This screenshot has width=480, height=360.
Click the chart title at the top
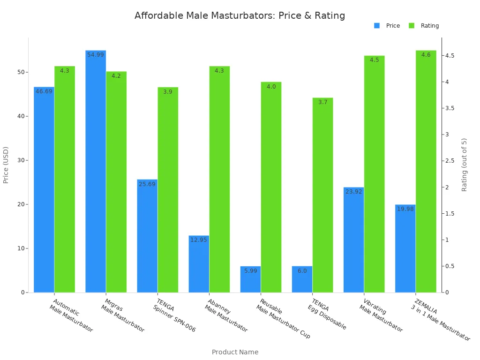pyautogui.click(x=240, y=15)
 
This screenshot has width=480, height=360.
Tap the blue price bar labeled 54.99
pyautogui.click(x=96, y=171)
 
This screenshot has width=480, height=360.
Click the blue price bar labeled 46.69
pyautogui.click(x=44, y=189)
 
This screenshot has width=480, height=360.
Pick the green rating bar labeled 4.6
pyautogui.click(x=426, y=171)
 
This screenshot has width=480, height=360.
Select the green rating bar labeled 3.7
pyautogui.click(x=322, y=195)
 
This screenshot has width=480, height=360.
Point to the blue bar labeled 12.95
pyautogui.click(x=199, y=264)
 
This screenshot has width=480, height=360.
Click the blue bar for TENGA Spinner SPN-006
pyautogui.click(x=147, y=236)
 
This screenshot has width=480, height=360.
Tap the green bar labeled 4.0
pyautogui.click(x=271, y=187)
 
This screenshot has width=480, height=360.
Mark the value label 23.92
pyautogui.click(x=353, y=192)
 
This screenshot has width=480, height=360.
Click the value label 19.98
pyautogui.click(x=405, y=209)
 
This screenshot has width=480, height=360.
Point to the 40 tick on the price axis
pyautogui.click(x=22, y=116)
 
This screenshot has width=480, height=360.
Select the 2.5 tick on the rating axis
pyautogui.click(x=450, y=161)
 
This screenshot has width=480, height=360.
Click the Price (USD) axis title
pyautogui.click(x=6, y=165)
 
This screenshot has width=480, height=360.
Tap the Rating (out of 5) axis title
pyautogui.click(x=465, y=165)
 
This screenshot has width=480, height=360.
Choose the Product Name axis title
pyautogui.click(x=235, y=352)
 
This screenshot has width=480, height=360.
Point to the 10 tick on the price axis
pyautogui.click(x=22, y=248)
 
